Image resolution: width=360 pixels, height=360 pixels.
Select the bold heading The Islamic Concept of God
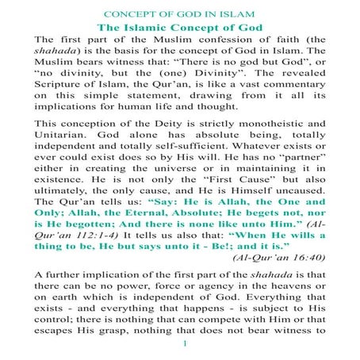pos(181,28)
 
